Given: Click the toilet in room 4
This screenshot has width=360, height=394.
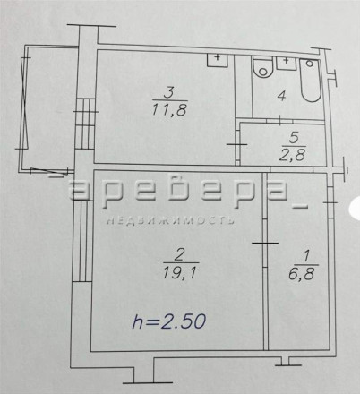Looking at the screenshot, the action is [263, 67].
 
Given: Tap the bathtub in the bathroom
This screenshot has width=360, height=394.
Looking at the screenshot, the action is [311, 80].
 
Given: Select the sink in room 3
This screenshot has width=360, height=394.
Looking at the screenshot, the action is [218, 60].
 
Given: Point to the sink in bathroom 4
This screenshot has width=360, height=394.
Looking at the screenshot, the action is [287, 64].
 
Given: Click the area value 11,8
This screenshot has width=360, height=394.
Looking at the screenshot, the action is [169, 109].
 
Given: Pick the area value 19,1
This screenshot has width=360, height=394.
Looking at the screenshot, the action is [180, 271].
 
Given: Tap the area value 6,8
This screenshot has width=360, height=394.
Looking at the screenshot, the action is [302, 273].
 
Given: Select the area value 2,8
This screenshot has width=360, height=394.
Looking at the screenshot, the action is [293, 155].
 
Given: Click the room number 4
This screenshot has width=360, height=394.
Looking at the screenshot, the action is [281, 96].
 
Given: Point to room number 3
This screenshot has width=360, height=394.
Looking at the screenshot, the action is [169, 92].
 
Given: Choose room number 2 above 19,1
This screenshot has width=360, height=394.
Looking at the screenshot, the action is [180, 255].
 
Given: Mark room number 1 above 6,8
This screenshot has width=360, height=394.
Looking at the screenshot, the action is [306, 257].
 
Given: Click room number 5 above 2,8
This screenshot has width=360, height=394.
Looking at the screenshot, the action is [294, 138].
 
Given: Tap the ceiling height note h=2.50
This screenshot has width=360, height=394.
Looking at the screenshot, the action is [169, 321].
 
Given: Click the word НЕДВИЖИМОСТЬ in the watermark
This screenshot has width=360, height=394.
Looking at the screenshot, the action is [170, 220].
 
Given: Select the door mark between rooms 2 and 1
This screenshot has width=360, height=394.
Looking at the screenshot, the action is [265, 243].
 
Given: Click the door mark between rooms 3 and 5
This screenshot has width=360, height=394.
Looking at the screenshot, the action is [237, 144].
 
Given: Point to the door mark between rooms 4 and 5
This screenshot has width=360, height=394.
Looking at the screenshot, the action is [279, 120].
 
